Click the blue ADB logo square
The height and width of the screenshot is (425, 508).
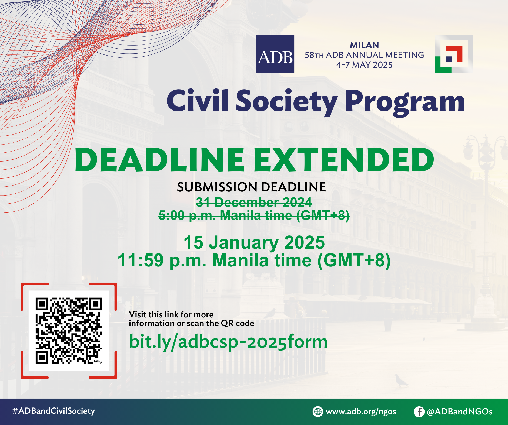[275, 54]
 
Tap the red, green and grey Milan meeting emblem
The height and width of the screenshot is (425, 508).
[454, 54]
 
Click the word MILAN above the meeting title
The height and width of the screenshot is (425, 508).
[364, 45]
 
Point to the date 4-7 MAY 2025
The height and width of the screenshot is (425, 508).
[364, 65]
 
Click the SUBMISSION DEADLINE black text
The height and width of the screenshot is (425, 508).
[251, 187]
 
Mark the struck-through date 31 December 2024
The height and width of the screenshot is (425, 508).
[254, 202]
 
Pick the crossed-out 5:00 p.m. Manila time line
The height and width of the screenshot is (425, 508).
[254, 215]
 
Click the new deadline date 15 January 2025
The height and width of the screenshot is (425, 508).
[254, 242]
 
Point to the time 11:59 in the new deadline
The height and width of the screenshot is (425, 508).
[141, 260]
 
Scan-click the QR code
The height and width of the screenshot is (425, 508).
[69, 331]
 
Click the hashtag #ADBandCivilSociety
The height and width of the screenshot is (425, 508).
[54, 411]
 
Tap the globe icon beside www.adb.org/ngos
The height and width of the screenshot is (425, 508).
[318, 412]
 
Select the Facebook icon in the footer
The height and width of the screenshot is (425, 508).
[419, 412]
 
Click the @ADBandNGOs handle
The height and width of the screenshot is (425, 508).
[460, 412]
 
